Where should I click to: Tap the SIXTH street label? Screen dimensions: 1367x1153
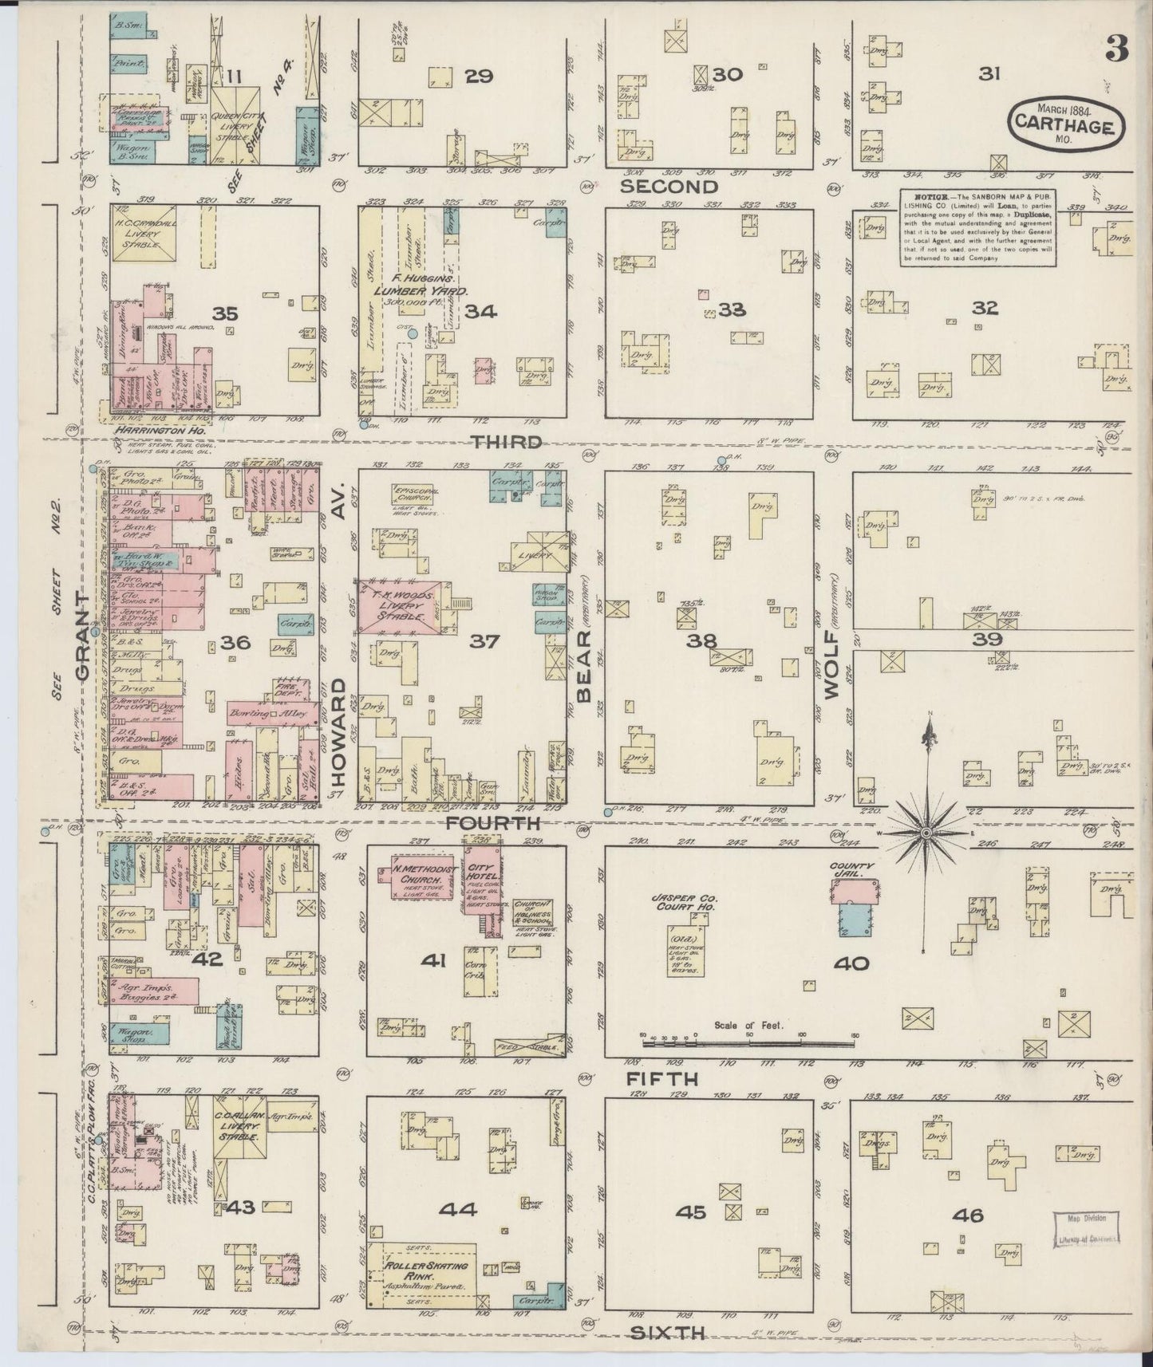[x=669, y=1331]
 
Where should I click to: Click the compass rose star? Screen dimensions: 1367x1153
[x=926, y=832]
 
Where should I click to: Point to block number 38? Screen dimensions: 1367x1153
[x=706, y=640]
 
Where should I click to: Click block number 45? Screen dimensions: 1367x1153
[x=690, y=1235]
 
